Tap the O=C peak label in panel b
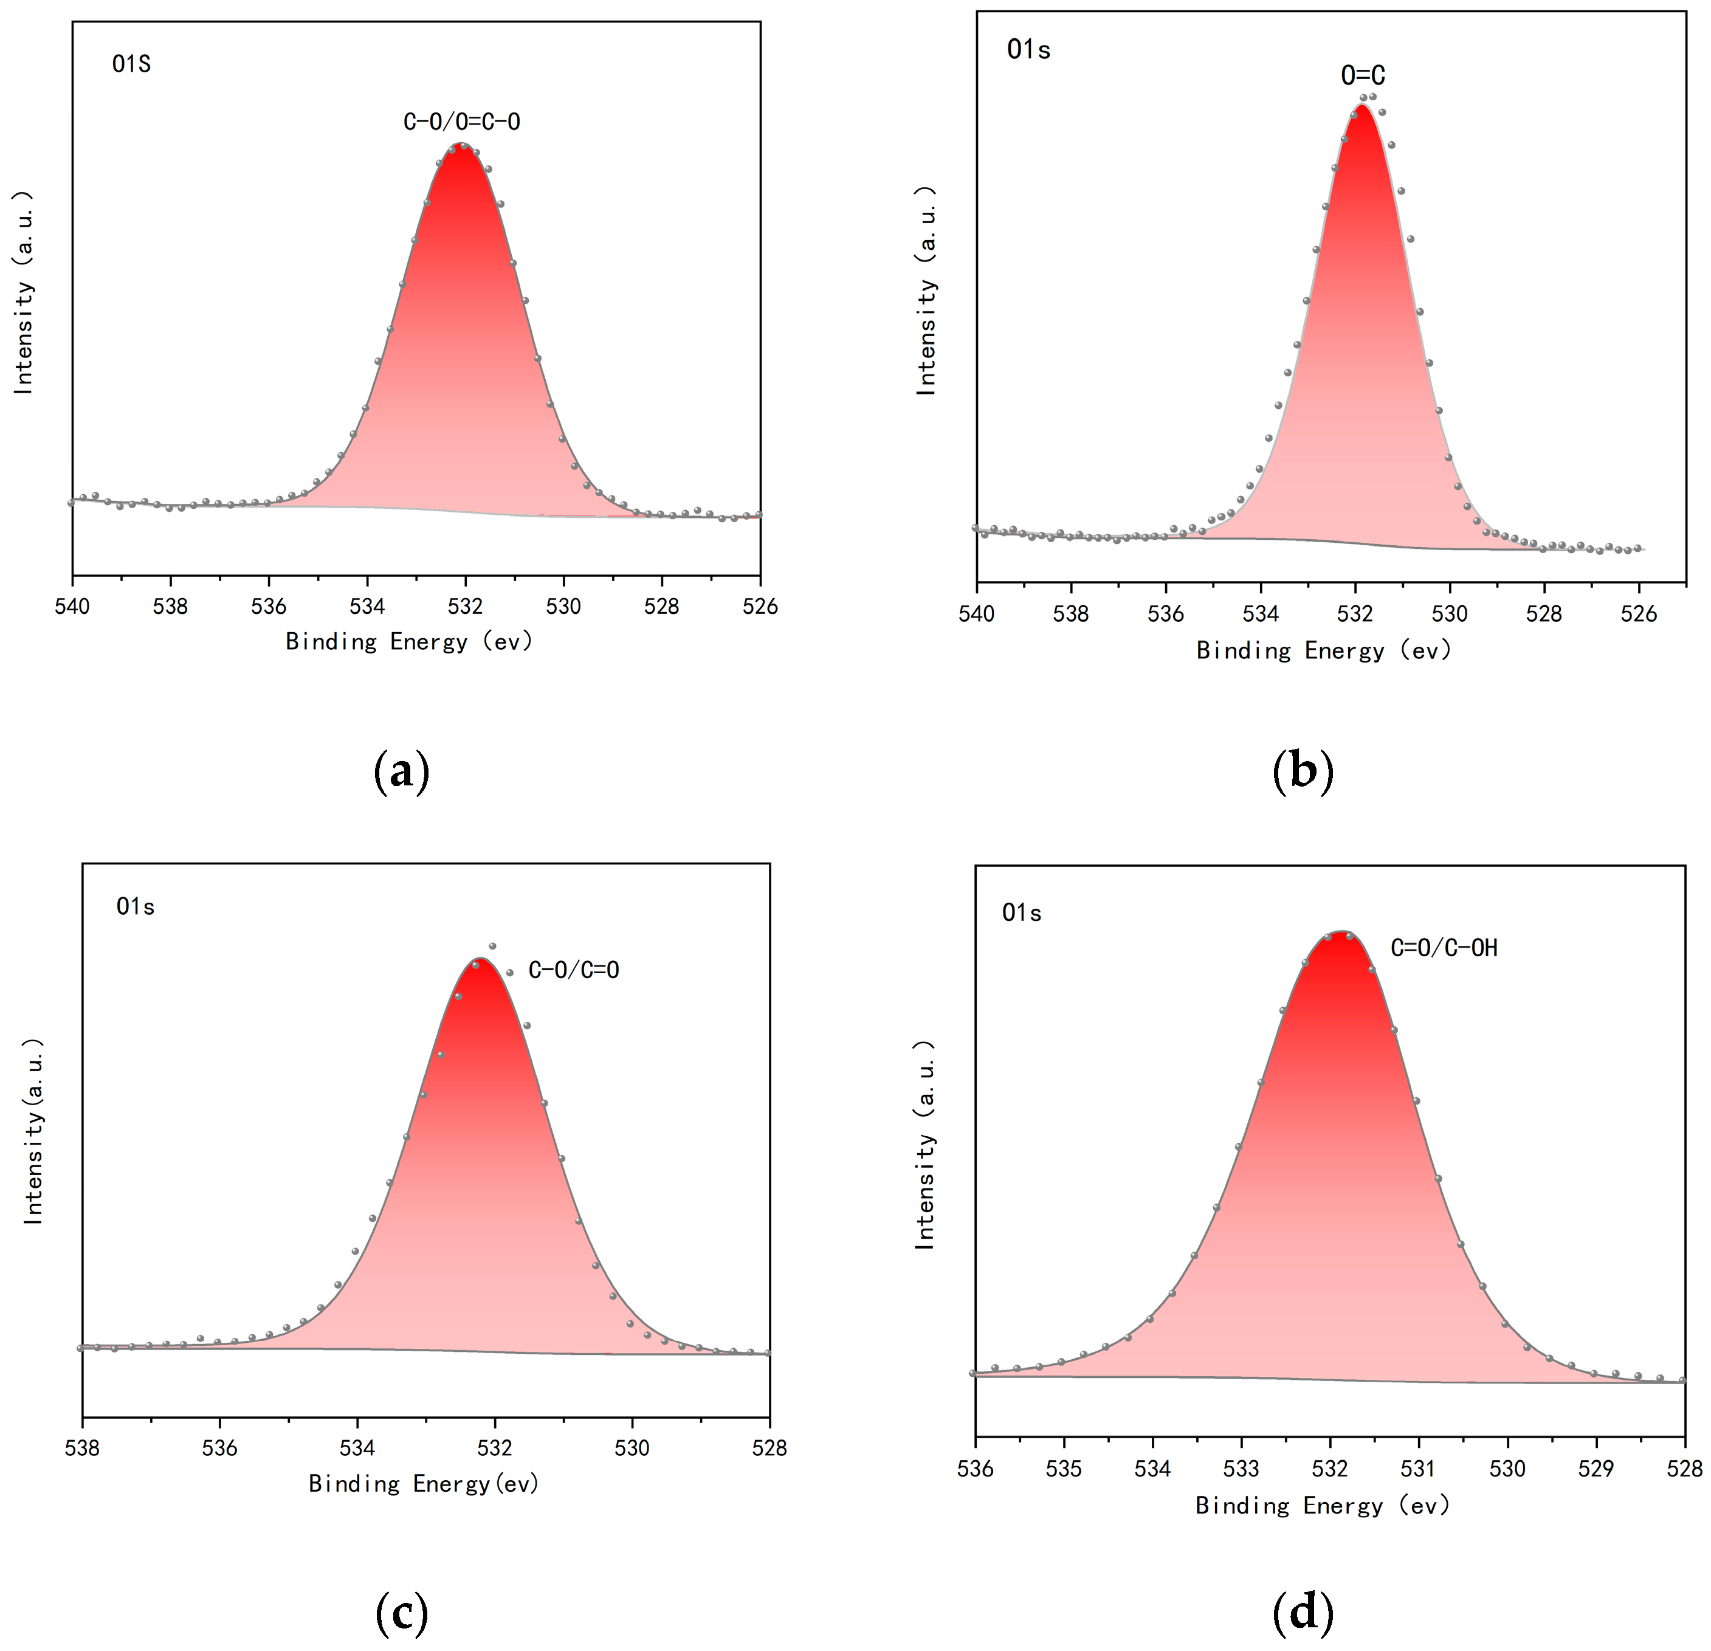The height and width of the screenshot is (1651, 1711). coord(1363,76)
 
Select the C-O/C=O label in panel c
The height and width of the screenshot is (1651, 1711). coord(574,970)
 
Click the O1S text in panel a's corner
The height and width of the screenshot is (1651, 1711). coord(132,64)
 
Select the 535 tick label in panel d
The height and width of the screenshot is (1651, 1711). coord(1063,1469)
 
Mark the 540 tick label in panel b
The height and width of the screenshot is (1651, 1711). coord(976,614)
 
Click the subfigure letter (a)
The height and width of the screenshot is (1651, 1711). coord(402,771)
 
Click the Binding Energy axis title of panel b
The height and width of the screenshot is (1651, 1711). coord(1323,650)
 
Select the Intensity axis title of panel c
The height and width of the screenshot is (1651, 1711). coord(33,1131)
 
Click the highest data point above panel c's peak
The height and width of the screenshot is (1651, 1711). coord(492,945)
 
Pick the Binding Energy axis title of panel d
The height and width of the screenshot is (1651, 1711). coord(1323,1505)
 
